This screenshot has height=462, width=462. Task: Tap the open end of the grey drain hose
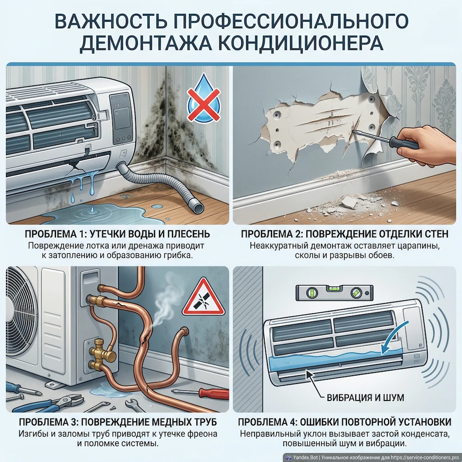[197, 207]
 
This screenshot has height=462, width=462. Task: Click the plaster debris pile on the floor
[351, 204]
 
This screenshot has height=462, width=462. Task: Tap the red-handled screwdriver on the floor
[208, 394]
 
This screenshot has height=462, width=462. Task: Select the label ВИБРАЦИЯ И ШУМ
[365, 397]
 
